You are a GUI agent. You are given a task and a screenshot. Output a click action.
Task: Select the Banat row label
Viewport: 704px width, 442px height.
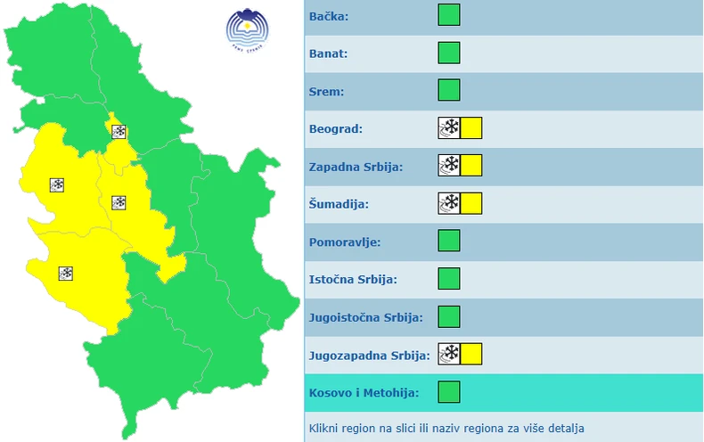[x=329, y=54]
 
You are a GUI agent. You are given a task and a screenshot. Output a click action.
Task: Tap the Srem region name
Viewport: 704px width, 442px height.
[x=327, y=92]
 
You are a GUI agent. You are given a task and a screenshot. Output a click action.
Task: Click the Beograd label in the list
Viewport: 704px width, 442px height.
[x=336, y=129]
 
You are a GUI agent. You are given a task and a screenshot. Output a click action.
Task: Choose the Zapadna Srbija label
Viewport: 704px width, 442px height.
[x=356, y=167]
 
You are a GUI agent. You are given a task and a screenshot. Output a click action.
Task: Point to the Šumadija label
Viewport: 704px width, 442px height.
[x=338, y=204]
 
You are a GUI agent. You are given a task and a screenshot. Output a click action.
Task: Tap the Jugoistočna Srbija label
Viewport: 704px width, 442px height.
[x=365, y=316]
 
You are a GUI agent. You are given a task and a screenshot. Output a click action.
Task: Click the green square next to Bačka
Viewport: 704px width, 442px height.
[x=449, y=15]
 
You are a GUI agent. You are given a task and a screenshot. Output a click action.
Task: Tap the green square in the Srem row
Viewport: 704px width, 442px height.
[x=449, y=90]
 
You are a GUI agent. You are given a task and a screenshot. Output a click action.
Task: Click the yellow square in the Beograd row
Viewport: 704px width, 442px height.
[x=471, y=127]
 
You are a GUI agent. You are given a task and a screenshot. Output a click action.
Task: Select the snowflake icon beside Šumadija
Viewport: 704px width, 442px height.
[x=449, y=203]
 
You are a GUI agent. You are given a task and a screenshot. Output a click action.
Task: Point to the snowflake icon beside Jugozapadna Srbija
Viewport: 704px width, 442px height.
[x=449, y=354]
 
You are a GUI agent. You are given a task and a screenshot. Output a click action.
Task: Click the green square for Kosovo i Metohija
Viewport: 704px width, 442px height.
[x=449, y=391]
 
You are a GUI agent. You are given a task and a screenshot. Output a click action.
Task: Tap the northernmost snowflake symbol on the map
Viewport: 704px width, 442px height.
[x=119, y=132]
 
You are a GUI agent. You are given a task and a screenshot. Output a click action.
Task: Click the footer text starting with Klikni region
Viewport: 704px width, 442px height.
[x=447, y=428]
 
